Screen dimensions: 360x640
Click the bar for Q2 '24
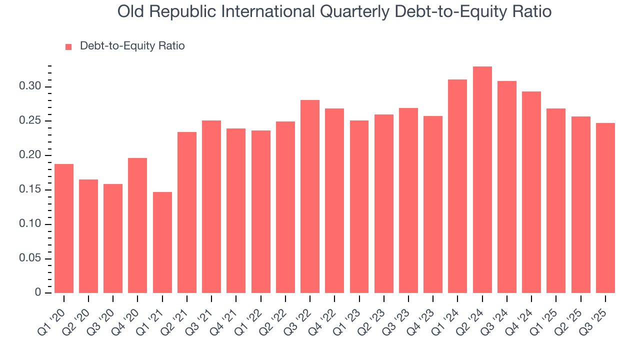point(482,179)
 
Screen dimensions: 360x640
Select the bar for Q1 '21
point(162,242)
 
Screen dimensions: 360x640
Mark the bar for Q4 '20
point(137,225)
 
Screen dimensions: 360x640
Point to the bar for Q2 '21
point(187,212)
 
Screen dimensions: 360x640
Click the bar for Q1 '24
point(457,186)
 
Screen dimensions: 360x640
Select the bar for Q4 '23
point(433,204)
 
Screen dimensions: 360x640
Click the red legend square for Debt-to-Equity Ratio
point(69,46)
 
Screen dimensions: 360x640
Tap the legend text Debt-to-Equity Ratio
point(132,46)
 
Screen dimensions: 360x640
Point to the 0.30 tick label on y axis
point(29,86)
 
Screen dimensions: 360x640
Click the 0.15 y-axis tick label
point(29,190)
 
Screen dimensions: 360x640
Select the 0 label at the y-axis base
point(38,292)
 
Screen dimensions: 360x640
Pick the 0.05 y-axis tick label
point(29,258)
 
